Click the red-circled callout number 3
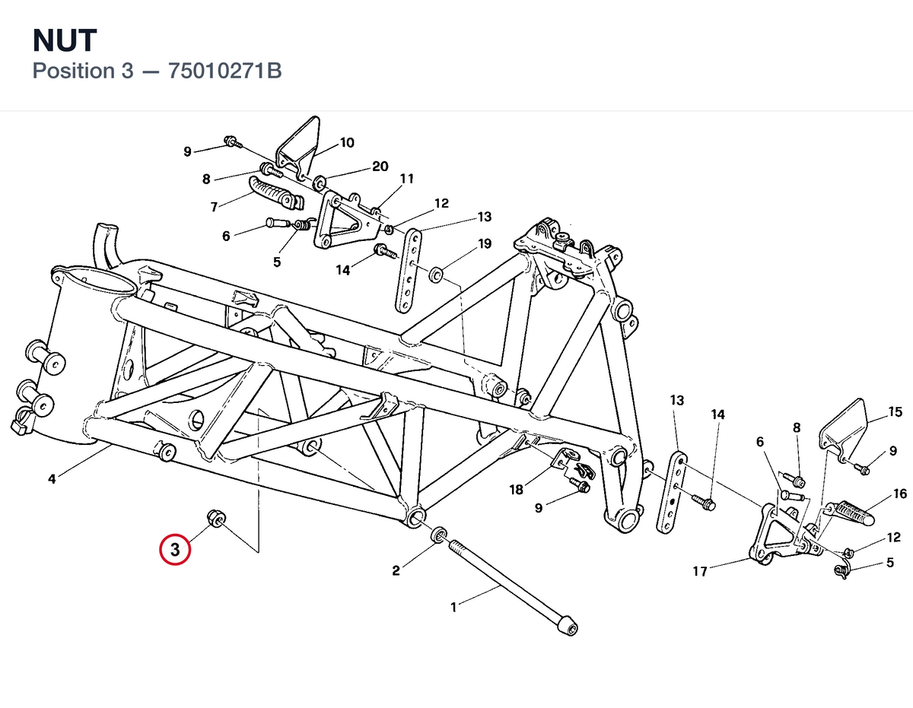tap(175, 549)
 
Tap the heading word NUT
tap(65, 41)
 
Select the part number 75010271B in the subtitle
tap(224, 71)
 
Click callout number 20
tap(380, 167)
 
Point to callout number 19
tap(485, 243)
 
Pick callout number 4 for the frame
tap(52, 479)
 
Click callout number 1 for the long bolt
tap(453, 608)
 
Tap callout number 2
tap(396, 570)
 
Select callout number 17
tap(700, 571)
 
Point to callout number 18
tap(516, 490)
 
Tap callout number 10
tap(347, 143)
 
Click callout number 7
tap(215, 207)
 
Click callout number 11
tap(407, 179)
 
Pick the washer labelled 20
tap(320, 182)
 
